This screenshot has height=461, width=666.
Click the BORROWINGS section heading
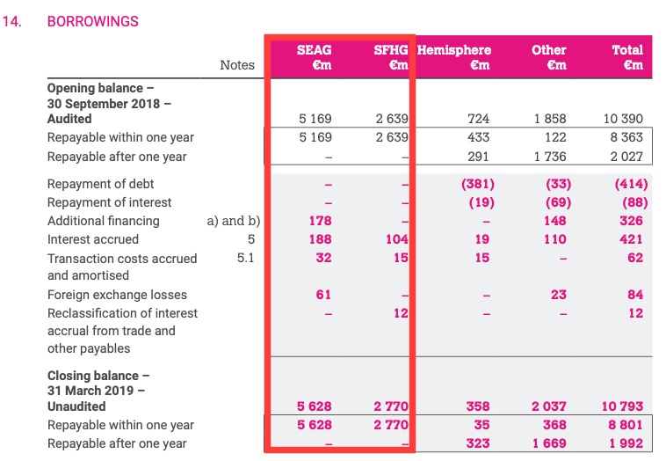pos(92,21)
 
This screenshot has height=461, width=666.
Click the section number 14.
pos(12,21)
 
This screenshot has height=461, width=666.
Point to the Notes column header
pos(237,64)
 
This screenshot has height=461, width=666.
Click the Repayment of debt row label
pos(101,184)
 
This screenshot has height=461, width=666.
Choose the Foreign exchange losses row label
pos(117,295)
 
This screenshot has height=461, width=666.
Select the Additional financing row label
pos(104,221)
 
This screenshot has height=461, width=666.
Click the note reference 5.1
pos(246,258)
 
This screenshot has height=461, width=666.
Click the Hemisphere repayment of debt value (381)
pos(477,184)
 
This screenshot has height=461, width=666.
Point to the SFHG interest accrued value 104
pos(397,239)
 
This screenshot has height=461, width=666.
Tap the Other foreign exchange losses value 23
pos(558,295)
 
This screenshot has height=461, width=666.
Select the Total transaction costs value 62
pos(635,258)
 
